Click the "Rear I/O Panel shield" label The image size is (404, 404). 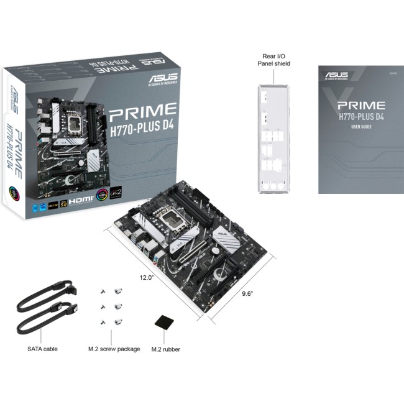(274, 59)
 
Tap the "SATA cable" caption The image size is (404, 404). (43, 349)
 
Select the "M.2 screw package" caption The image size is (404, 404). (114, 349)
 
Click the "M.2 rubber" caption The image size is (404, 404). (166, 349)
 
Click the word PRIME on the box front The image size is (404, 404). (143, 112)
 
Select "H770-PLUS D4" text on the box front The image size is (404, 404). (144, 129)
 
